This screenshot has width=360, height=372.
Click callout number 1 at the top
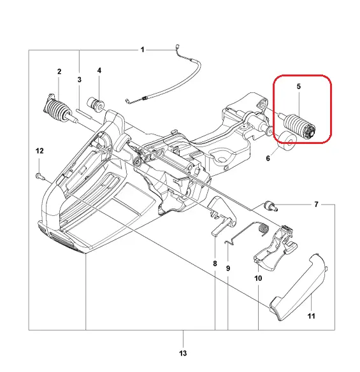click(142, 50)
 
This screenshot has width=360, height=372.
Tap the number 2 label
click(59, 71)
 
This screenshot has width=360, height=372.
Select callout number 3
click(80, 80)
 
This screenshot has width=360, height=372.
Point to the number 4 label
click(99, 71)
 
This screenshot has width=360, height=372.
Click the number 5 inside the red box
click(299, 87)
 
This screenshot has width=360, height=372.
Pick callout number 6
click(268, 158)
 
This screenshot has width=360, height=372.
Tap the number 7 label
click(316, 204)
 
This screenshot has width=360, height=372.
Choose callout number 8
click(215, 264)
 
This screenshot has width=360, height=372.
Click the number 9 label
click(228, 269)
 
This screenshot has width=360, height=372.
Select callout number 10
click(258, 278)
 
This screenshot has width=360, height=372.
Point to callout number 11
click(312, 316)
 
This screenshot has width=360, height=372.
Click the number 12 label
click(40, 151)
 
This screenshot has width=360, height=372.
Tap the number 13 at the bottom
click(183, 354)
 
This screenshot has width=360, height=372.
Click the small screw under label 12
click(40, 176)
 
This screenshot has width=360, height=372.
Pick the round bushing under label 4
click(96, 104)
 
